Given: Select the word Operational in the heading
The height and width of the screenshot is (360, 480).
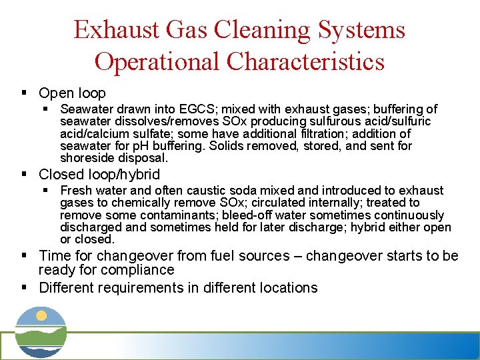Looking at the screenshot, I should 157,61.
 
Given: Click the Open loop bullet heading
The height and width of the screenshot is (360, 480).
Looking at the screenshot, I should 72,93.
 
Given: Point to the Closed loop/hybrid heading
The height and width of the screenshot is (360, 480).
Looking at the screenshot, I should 99,175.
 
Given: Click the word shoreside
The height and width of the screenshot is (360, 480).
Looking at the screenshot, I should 85,158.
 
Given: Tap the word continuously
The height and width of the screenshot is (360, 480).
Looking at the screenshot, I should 409,215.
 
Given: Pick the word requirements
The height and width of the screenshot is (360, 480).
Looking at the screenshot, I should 137,288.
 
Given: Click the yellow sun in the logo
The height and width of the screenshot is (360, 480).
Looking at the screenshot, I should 41,316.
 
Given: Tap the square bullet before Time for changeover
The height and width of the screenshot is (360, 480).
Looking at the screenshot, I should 24,256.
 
